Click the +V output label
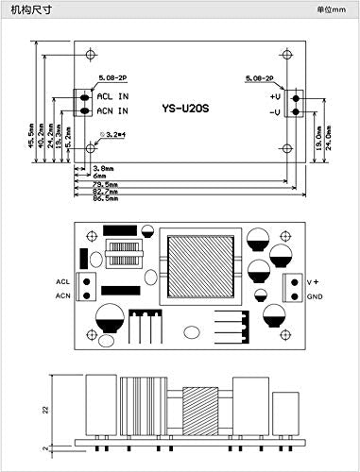pos(275,97)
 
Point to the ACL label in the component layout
pos(62,281)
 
